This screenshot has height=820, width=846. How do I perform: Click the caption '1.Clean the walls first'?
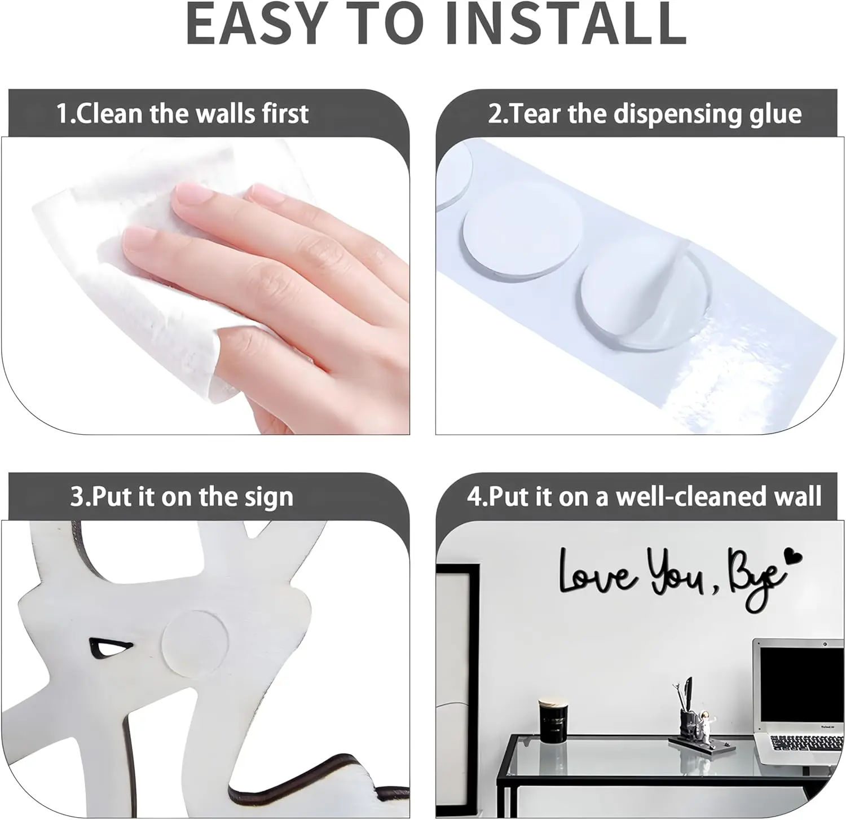(x=183, y=113)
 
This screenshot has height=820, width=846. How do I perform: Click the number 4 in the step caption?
(x=474, y=497)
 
